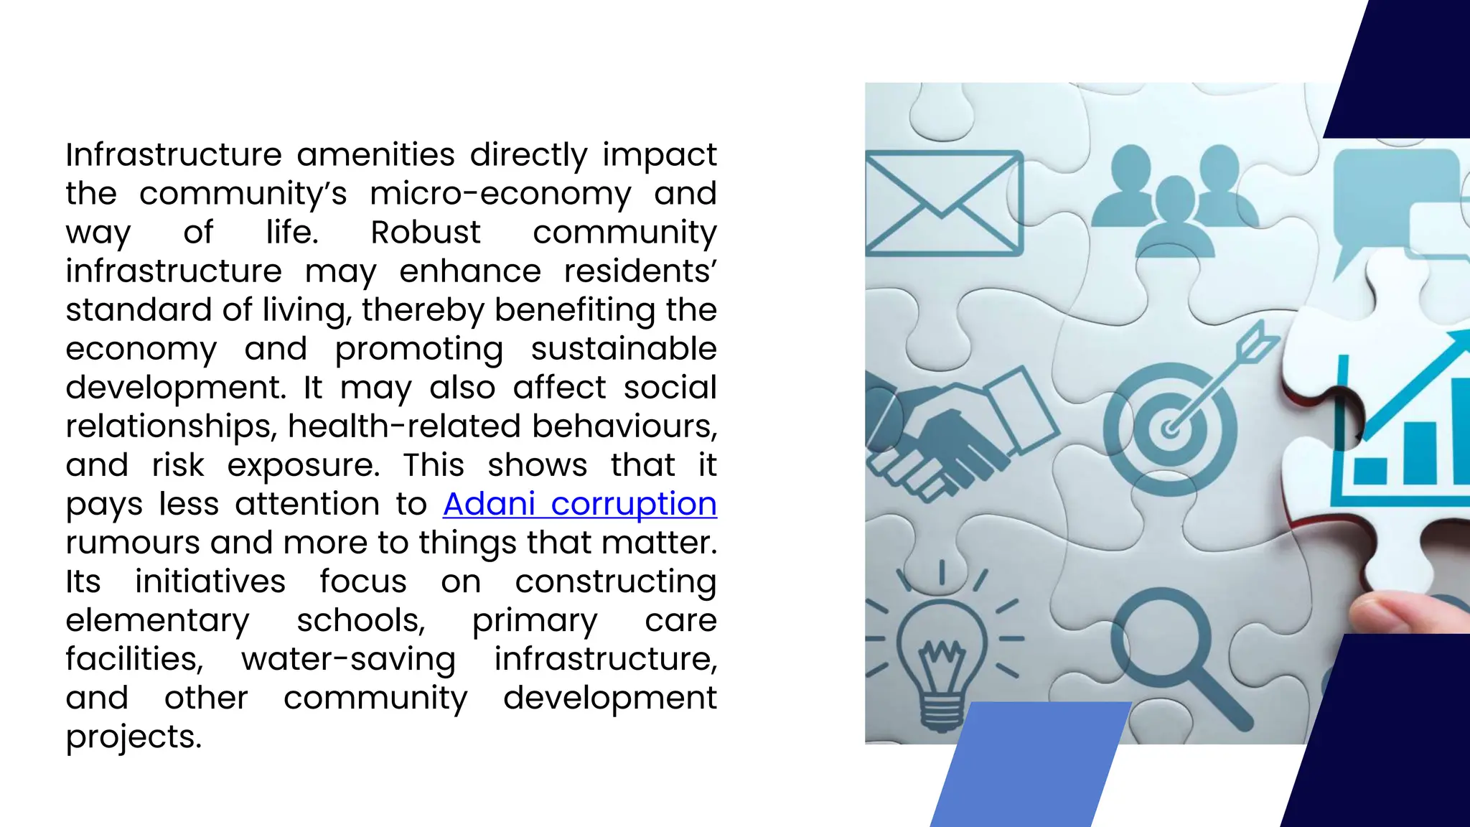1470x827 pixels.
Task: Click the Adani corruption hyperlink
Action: point(579,504)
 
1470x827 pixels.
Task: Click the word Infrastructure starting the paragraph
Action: point(174,155)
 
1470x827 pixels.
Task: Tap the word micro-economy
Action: point(500,194)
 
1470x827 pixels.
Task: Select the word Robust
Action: point(425,233)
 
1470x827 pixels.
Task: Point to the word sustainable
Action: point(623,349)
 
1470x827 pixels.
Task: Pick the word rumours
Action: point(132,543)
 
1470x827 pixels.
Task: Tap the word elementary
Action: point(157,620)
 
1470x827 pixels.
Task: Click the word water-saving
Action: point(348,659)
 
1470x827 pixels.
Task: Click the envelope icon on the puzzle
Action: point(942,203)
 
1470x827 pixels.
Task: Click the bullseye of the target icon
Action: point(1170,429)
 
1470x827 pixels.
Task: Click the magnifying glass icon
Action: point(1170,646)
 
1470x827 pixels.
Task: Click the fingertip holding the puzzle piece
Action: point(1400,610)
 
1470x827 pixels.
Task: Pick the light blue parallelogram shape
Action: point(1030,765)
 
